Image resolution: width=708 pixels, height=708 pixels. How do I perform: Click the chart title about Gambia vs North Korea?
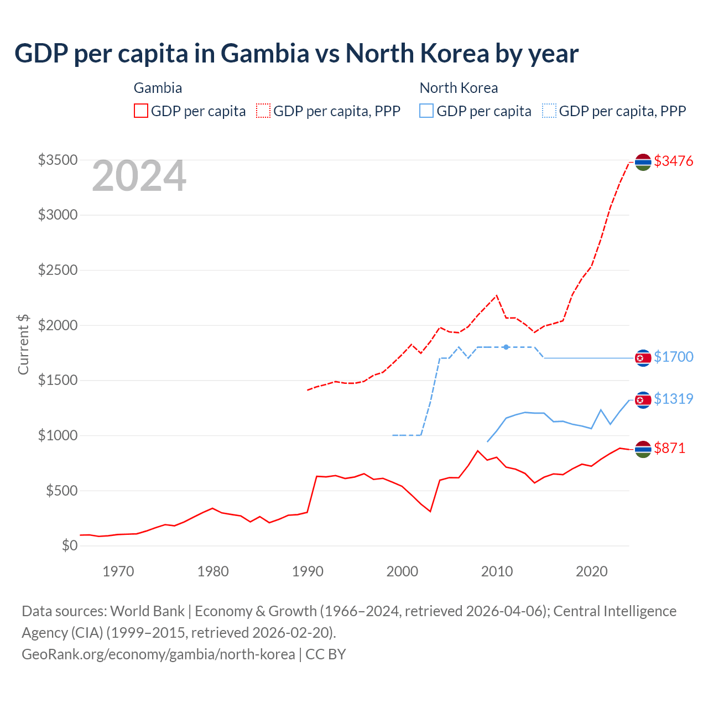coord(296,54)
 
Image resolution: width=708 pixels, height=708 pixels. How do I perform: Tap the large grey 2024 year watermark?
coord(139,176)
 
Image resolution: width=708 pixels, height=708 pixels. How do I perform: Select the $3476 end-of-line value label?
coord(673,161)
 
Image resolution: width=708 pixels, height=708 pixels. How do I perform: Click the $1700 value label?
coord(673,357)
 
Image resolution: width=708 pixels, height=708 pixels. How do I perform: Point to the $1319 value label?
coord(673,399)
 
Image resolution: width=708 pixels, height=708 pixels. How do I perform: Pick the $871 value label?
coord(669,448)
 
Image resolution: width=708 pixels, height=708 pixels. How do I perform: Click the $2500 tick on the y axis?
coord(58,270)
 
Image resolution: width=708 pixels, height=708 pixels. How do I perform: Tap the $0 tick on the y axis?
coord(70,545)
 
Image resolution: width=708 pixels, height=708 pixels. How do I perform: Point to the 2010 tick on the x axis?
coord(497,571)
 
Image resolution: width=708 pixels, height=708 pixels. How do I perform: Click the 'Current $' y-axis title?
coord(23,344)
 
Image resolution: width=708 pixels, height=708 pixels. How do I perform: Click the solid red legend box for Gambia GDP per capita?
coord(141,111)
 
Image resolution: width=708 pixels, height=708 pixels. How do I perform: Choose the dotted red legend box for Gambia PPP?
coord(263,111)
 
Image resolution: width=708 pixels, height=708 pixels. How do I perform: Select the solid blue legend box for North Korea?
coord(426,111)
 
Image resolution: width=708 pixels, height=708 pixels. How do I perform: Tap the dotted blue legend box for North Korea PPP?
coord(549,111)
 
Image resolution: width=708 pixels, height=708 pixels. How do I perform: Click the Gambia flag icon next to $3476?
coord(643,162)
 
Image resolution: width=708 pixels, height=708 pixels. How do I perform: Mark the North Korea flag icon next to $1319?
coord(643,400)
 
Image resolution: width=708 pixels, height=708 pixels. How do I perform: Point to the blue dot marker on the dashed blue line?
coord(506,347)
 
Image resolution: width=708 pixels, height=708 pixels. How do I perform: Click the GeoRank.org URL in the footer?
coord(158,654)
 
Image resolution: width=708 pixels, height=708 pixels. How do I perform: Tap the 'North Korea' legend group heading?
coord(459,88)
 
